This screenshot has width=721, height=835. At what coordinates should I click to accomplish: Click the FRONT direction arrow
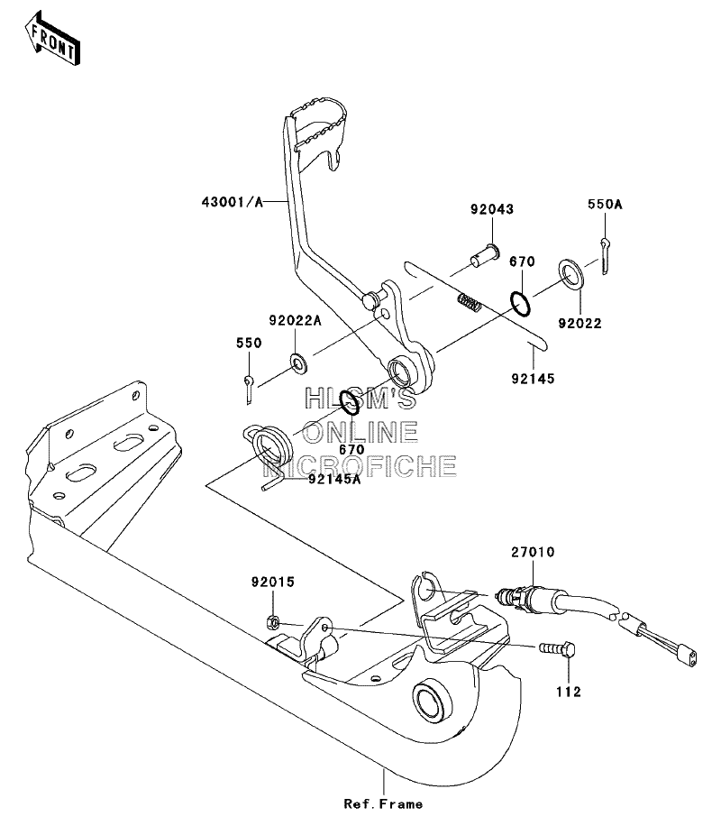click(x=51, y=39)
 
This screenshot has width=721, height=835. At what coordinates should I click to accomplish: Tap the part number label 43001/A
click(x=233, y=202)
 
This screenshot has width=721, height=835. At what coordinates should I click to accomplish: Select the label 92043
click(x=492, y=209)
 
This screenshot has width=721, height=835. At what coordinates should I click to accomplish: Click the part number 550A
click(x=605, y=204)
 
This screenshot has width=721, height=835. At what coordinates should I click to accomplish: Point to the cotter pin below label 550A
click(x=605, y=256)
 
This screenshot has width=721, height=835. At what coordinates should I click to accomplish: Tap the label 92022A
click(x=296, y=321)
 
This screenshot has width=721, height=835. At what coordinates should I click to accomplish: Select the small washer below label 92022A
click(x=298, y=363)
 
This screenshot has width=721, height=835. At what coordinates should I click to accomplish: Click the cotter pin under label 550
click(x=250, y=390)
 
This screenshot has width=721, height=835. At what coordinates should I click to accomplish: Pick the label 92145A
click(x=334, y=479)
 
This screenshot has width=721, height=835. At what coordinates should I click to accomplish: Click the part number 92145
click(x=534, y=379)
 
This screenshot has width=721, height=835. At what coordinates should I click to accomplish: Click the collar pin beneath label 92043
click(x=485, y=254)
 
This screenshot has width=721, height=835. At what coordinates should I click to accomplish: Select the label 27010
click(x=534, y=552)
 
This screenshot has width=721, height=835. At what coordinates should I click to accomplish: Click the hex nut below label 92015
click(x=272, y=621)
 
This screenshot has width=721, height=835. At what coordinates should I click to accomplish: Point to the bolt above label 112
click(x=557, y=648)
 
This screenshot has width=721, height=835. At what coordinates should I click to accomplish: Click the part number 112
click(x=569, y=692)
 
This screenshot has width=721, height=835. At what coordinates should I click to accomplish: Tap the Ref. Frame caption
click(x=383, y=804)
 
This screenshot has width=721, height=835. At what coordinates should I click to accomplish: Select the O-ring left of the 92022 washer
click(x=520, y=304)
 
